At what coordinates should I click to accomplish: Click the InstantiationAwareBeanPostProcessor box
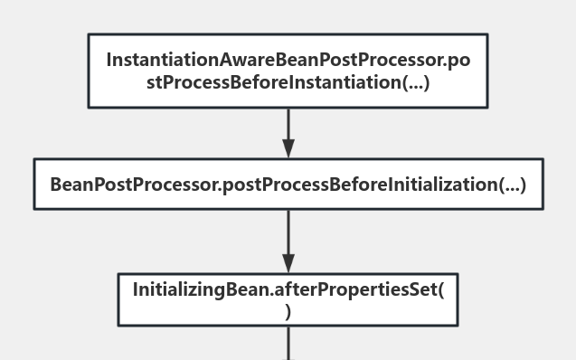pos(288,71)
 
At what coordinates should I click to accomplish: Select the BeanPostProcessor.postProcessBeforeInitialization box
pos(288,185)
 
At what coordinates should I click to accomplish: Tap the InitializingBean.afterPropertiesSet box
pos(288,299)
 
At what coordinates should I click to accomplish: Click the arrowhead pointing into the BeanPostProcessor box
pos(288,149)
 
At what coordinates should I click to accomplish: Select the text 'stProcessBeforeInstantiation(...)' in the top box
pos(288,83)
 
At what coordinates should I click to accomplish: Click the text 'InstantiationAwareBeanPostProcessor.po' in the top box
pos(288,60)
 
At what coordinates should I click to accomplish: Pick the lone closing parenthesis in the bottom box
pos(288,312)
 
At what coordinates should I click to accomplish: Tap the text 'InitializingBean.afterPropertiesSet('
pos(288,289)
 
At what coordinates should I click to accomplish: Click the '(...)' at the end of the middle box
pos(512,185)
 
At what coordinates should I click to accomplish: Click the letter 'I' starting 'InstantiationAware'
pos(109,60)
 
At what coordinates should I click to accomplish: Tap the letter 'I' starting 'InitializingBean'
pos(136,289)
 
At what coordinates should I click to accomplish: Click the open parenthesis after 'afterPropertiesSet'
pos(440,289)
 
